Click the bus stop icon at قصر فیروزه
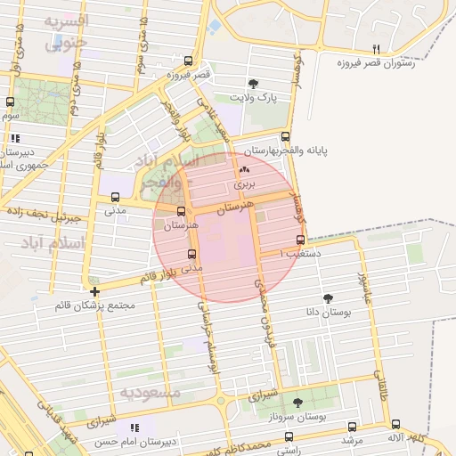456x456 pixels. pos(187,61)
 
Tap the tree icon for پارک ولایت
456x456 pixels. pos(255,82)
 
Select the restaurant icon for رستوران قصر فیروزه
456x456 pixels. pos(376,49)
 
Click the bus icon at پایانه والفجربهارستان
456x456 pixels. pos(285,137)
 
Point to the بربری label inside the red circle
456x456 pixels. pos(244,183)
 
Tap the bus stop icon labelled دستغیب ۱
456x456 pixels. pos(299,240)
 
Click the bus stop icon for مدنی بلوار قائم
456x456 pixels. pos(191,254)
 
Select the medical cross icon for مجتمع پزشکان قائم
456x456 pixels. pos(94,291)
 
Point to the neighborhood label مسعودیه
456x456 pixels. pos(151,392)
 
